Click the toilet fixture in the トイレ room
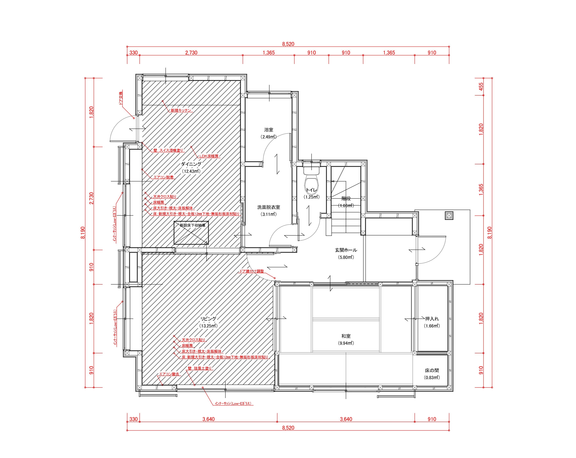(311, 180)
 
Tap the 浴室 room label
(269, 130)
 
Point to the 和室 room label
(346, 336)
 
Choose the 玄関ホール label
(346, 250)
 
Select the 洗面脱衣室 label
(269, 207)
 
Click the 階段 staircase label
(346, 199)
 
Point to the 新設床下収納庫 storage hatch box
(191, 233)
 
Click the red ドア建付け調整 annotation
(251, 271)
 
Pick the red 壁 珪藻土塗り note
(200, 368)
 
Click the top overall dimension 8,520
(288, 44)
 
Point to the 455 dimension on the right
(481, 87)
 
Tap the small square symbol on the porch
(449, 216)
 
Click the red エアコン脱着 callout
(163, 177)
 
